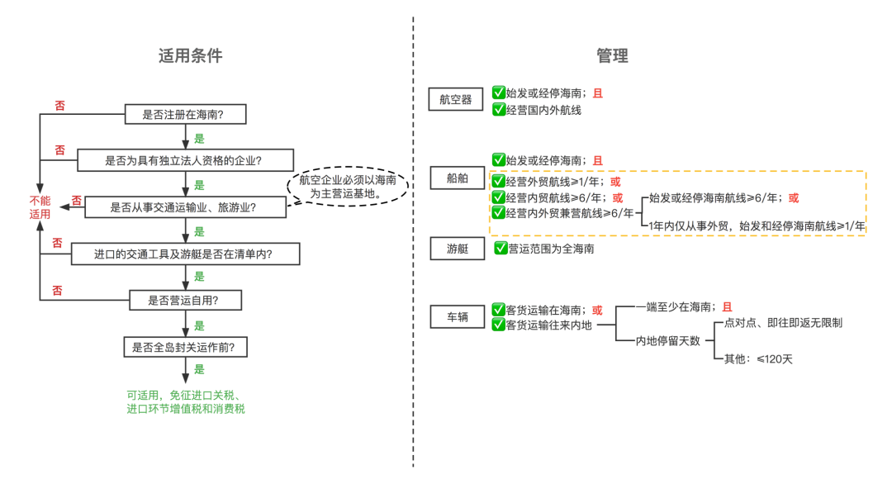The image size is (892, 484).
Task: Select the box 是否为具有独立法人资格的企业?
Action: click(188, 160)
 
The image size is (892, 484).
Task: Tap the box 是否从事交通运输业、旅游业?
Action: click(183, 207)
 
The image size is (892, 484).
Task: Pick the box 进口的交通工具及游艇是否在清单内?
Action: click(184, 254)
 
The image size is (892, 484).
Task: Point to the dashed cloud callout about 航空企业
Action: click(348, 186)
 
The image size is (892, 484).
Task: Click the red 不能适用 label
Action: click(40, 207)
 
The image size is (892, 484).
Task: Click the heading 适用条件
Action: click(191, 55)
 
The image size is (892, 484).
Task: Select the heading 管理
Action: click(612, 55)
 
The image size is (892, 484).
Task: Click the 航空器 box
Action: click(456, 100)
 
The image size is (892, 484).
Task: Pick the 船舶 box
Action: click(457, 178)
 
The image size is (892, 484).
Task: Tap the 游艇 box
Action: click(457, 249)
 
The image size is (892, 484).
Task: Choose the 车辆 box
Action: click(457, 316)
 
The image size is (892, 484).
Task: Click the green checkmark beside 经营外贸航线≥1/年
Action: click(498, 181)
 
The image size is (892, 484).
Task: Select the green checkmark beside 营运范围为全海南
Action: click(500, 248)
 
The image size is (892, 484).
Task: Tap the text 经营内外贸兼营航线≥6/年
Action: click(569, 213)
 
